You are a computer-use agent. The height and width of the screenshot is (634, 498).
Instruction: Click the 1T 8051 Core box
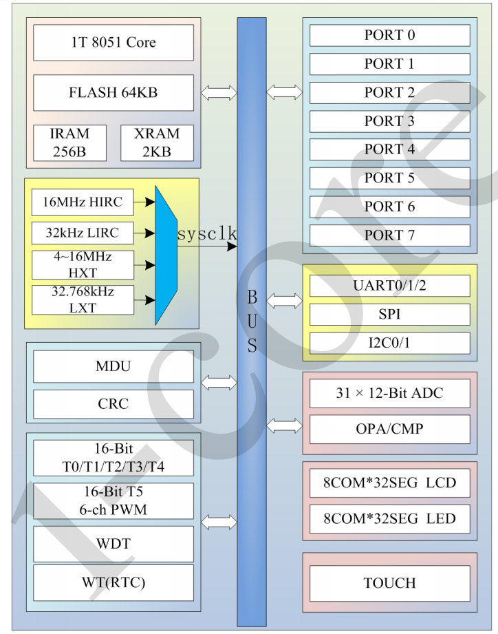point(113,43)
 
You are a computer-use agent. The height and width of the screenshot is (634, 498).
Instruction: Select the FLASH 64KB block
point(113,92)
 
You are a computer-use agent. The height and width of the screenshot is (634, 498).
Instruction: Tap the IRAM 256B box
point(69,142)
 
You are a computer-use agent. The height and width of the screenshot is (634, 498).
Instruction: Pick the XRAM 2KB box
point(157,142)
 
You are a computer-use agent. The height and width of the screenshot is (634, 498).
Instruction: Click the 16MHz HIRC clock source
point(83,202)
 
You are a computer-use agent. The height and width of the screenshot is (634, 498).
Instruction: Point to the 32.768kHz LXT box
point(83,299)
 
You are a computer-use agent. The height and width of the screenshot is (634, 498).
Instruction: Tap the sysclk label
point(207,235)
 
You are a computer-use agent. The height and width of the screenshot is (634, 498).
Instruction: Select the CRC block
point(113,403)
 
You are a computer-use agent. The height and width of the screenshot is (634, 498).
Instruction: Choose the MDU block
point(113,366)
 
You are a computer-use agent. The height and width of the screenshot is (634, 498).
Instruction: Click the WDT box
point(113,544)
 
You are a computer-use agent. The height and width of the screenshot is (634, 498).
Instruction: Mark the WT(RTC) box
point(113,583)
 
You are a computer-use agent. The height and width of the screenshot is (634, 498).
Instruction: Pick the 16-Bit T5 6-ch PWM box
point(113,502)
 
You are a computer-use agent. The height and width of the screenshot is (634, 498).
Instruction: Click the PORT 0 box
point(389,35)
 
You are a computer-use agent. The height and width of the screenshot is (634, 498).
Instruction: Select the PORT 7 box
point(389,235)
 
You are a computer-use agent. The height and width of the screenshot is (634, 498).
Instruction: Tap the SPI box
point(389,315)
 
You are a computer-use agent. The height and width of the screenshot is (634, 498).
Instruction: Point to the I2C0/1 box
point(389,343)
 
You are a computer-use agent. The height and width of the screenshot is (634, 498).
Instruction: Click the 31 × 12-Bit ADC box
point(389,394)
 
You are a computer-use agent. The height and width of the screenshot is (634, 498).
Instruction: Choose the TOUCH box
point(389,583)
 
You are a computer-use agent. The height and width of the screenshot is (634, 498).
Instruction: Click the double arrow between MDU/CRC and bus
point(219,383)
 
